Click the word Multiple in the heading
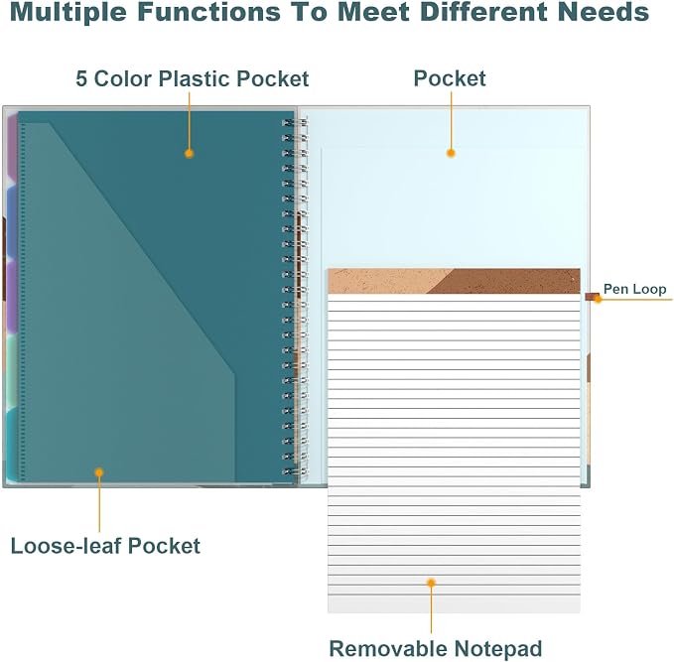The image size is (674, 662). (67, 12)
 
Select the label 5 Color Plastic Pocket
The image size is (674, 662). (193, 79)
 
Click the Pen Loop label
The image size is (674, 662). (635, 289)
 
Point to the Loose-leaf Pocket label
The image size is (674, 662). (105, 546)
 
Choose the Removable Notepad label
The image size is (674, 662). (436, 648)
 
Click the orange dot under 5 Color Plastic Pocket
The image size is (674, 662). (190, 154)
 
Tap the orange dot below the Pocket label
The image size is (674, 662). (451, 153)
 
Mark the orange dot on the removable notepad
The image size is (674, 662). (431, 583)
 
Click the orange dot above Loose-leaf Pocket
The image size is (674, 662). (99, 472)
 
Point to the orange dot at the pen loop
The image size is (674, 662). (598, 299)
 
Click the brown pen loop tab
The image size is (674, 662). (592, 296)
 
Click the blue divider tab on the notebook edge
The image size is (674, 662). (12, 222)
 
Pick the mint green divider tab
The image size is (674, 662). (12, 370)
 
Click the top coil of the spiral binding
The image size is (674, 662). (295, 123)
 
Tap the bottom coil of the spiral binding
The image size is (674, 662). (295, 471)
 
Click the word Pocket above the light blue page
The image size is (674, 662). (450, 78)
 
